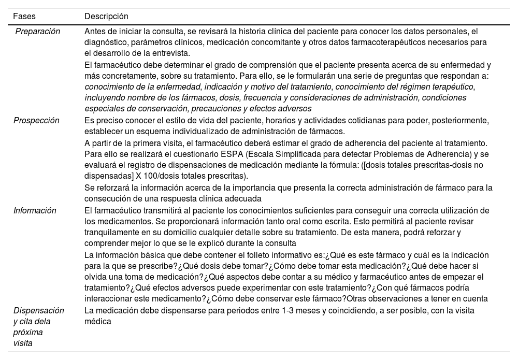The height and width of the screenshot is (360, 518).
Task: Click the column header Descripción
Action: point(106,17)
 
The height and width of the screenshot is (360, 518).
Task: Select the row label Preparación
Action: point(37,31)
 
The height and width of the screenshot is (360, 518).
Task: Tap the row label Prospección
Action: point(36,121)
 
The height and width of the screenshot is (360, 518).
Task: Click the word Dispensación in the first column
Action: point(38,310)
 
